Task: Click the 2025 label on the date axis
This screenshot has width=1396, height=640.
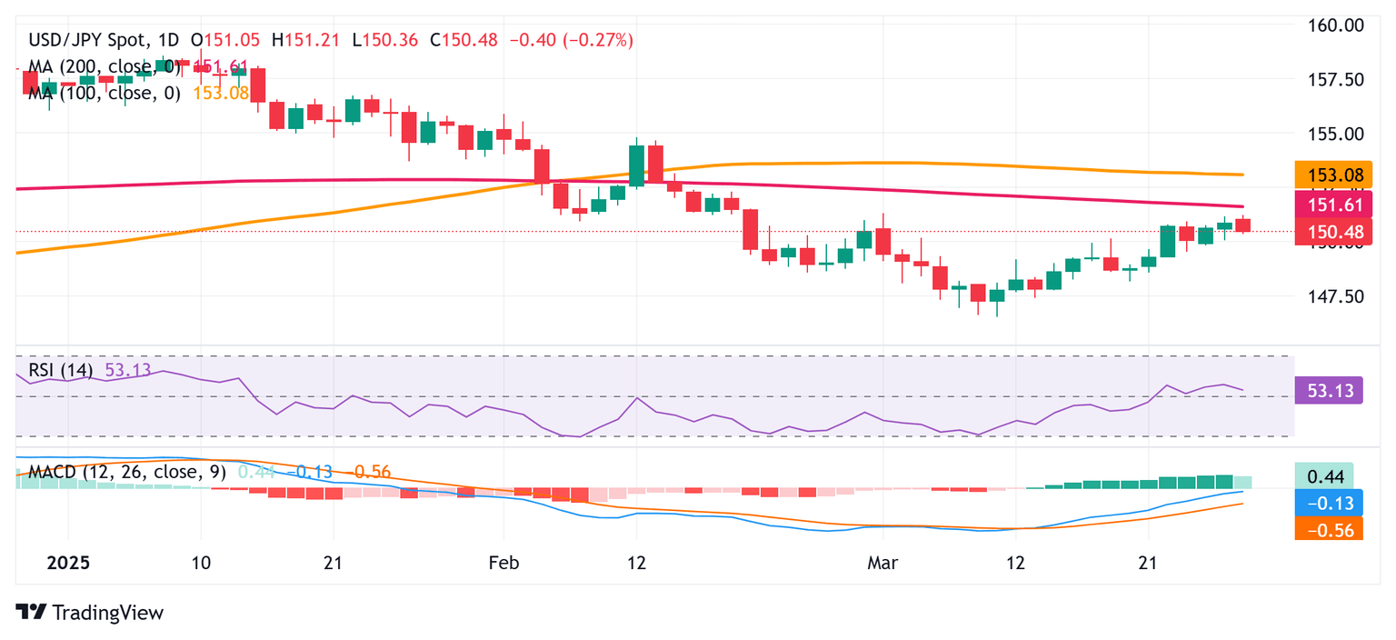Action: tap(68, 563)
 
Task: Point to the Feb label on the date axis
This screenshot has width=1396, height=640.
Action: tap(504, 563)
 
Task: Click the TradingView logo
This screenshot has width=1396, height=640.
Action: tap(90, 613)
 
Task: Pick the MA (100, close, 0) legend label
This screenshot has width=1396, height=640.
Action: tap(105, 93)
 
